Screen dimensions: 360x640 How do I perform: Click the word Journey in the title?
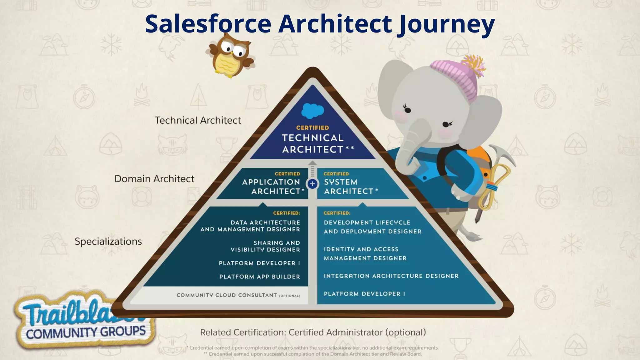446,24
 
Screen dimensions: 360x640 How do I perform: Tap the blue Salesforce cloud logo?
312,111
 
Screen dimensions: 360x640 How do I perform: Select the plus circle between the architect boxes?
312,184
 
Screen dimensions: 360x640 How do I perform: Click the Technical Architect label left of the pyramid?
198,120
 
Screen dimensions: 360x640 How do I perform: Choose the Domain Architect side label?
154,179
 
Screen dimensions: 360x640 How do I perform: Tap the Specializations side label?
108,241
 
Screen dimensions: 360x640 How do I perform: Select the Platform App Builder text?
259,277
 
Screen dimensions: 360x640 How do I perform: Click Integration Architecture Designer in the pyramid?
391,276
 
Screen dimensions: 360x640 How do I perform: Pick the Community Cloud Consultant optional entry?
238,295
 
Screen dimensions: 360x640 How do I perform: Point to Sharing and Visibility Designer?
265,246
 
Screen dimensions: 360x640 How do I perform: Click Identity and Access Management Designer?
365,254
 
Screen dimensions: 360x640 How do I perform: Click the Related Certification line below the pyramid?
313,332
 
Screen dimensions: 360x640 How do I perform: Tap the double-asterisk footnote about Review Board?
312,354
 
